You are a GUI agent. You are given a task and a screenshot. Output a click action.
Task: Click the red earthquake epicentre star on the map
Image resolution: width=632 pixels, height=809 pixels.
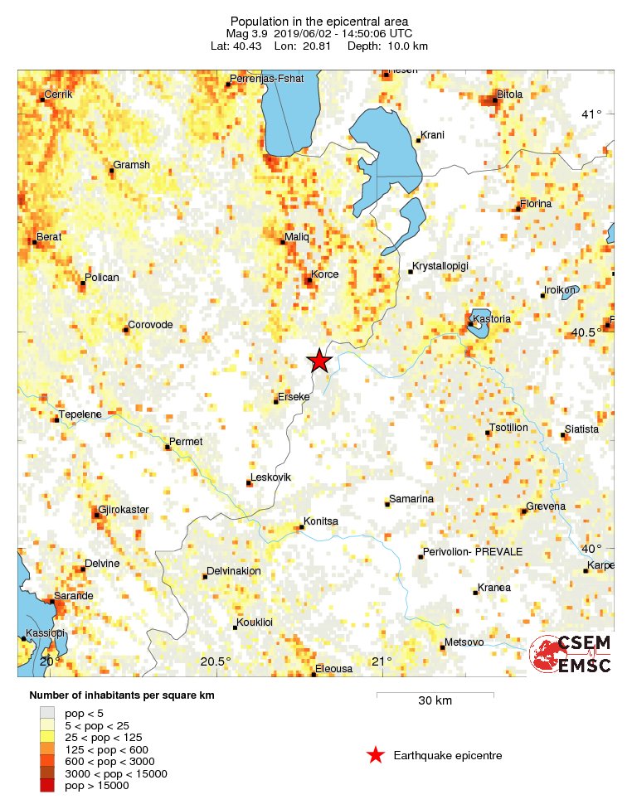[x=319, y=361]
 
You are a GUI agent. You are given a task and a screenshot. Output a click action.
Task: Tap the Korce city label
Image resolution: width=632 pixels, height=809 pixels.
[x=323, y=274]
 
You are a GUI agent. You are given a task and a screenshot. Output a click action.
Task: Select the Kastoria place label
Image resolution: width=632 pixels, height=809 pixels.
[x=490, y=319]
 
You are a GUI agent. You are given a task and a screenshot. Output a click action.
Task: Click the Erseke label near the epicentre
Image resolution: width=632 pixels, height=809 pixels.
[x=293, y=397]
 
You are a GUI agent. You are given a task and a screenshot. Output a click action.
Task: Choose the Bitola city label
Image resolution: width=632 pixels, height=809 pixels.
[x=509, y=94]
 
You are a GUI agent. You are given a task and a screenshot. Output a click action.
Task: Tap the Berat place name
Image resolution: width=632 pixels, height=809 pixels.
[x=49, y=236]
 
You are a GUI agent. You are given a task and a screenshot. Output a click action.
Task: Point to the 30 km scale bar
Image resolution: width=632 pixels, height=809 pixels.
[x=435, y=694]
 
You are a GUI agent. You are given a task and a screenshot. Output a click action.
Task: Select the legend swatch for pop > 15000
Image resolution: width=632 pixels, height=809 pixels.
[x=47, y=786]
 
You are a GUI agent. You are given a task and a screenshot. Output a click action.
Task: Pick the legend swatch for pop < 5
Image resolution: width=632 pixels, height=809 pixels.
[x=47, y=712]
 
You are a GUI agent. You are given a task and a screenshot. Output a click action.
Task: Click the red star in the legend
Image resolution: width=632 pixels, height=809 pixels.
[x=376, y=755]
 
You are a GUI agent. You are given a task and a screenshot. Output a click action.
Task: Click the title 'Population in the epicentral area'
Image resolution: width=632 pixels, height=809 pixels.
[x=319, y=21]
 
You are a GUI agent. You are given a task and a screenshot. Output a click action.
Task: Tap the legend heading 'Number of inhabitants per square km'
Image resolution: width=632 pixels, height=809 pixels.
[x=122, y=695]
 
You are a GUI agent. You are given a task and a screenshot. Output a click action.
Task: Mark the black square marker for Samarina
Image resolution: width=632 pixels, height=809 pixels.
[x=387, y=504]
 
